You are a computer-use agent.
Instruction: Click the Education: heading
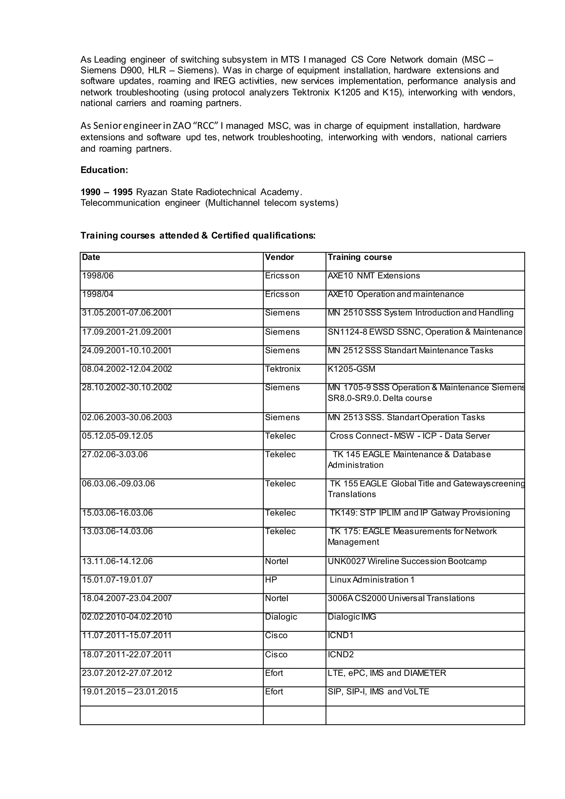(104, 170)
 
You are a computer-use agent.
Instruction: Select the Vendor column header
(279, 257)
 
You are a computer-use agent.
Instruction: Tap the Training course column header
(360, 257)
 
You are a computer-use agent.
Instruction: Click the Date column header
(91, 257)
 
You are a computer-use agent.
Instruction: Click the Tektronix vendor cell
(282, 369)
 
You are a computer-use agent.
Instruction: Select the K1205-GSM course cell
(351, 369)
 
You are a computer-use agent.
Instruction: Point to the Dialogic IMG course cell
(352, 617)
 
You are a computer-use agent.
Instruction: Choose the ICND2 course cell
(341, 655)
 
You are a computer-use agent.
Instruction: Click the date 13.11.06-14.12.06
(117, 561)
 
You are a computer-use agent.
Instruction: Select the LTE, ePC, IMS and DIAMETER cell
(387, 673)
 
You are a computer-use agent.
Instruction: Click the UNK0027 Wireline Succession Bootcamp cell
(407, 561)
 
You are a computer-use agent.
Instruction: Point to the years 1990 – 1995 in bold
(106, 192)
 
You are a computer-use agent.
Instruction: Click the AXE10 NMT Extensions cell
(374, 276)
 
